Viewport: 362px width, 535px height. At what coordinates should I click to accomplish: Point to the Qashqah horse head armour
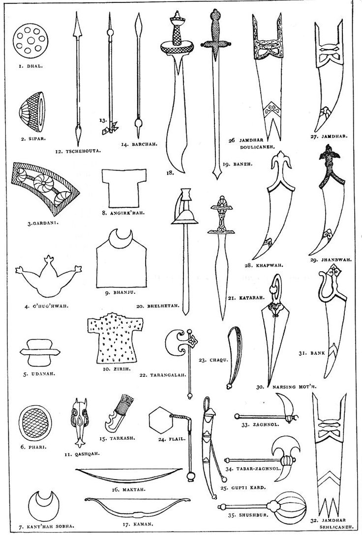(79, 422)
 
